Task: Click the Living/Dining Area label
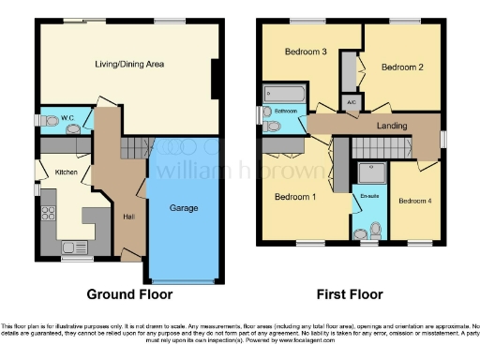129,64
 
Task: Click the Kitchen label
65,172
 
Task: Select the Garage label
183,207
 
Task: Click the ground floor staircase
137,147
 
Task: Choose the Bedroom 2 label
402,67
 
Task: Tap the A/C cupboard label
351,102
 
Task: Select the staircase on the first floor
385,147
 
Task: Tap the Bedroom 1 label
294,197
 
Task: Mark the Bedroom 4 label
413,201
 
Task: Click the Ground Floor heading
129,293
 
